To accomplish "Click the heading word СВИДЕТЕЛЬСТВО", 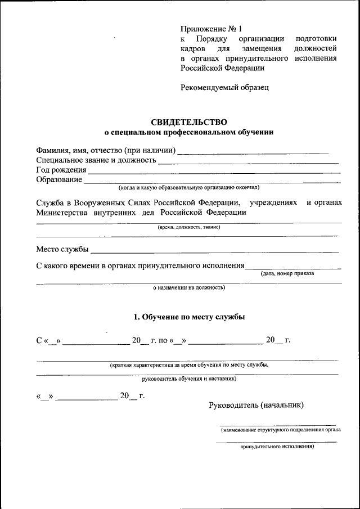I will [x=189, y=121].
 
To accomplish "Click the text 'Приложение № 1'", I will [x=211, y=29].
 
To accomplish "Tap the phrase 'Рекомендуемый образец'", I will [x=224, y=87].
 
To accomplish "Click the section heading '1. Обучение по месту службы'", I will [x=189, y=317].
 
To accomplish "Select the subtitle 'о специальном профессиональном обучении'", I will [x=189, y=133].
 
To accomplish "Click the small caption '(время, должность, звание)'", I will [x=189, y=227].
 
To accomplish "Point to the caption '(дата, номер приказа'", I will [x=287, y=273].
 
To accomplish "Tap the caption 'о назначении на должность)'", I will [x=189, y=287].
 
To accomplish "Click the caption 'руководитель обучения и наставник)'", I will [x=189, y=379].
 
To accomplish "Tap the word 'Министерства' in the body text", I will [x=61, y=213].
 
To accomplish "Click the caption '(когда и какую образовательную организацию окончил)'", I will [x=189, y=187].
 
